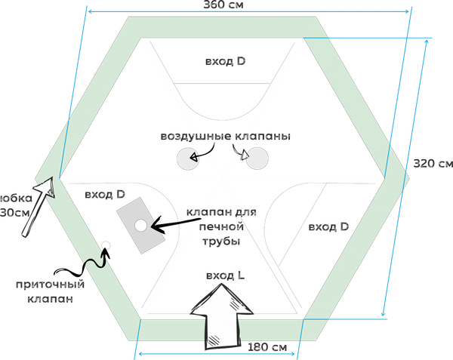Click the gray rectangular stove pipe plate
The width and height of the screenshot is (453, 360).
click(x=141, y=225)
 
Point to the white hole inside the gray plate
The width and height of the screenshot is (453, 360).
click(x=140, y=225)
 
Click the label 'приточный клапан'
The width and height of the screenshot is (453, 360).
click(x=50, y=291)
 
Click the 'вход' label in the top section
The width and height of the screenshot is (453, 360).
click(x=224, y=62)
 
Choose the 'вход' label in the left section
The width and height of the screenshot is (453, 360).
click(x=104, y=195)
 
